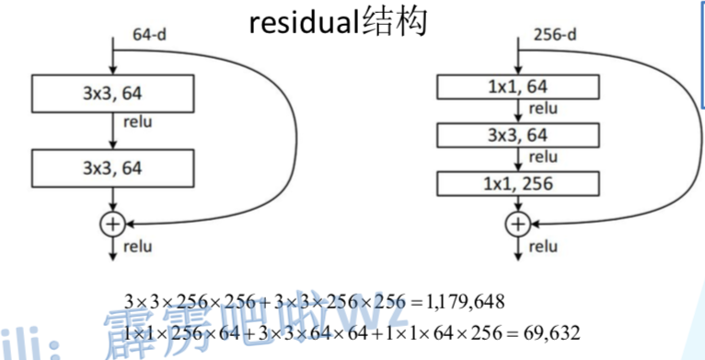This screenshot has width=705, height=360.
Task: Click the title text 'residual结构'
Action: [338, 22]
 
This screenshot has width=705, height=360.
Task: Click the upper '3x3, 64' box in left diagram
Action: [112, 91]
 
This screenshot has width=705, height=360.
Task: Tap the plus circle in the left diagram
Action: [112, 223]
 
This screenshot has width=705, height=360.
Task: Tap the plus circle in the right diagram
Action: [517, 223]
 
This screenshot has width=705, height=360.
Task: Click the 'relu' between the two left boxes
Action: [138, 121]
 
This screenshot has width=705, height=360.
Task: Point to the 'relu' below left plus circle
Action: [139, 247]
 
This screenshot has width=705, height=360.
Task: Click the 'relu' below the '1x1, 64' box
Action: [543, 110]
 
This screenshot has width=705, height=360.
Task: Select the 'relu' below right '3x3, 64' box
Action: [543, 157]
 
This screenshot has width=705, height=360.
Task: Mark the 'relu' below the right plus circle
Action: [544, 246]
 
